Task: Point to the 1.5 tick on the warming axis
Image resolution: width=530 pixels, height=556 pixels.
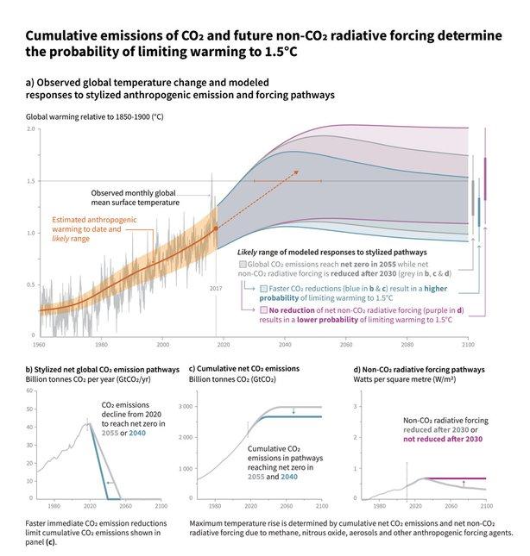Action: click(31, 181)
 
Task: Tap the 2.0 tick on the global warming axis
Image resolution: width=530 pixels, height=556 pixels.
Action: click(31, 129)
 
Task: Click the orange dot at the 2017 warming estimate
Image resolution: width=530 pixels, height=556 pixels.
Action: click(216, 228)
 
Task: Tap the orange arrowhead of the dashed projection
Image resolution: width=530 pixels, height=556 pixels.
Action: click(296, 172)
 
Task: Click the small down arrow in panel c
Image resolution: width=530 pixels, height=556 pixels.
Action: click(293, 411)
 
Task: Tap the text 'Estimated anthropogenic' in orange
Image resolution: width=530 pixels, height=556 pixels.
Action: click(82, 220)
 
